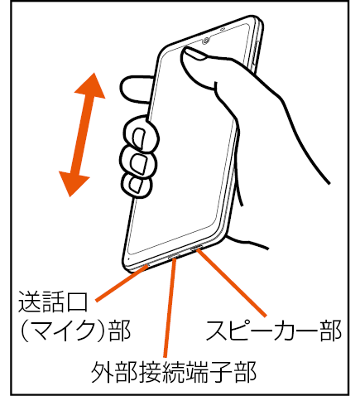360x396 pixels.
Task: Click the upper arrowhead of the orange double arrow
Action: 91,87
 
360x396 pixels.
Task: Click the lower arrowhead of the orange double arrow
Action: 73,183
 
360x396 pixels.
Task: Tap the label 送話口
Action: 53,302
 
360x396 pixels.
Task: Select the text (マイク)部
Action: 75,331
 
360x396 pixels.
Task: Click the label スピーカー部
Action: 274,331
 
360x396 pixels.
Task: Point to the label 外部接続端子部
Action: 174,372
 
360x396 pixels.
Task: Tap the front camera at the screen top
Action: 206,41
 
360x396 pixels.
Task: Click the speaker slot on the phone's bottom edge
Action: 197,248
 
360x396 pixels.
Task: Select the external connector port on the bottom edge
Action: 175,256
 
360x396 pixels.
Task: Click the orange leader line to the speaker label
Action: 231,282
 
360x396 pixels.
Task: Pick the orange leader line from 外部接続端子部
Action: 170,307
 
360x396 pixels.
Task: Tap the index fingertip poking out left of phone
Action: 135,89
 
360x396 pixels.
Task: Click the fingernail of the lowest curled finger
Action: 137,185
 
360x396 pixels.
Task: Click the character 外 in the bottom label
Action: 103,372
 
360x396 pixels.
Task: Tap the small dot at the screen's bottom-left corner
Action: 129,259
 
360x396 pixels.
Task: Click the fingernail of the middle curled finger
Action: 138,164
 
